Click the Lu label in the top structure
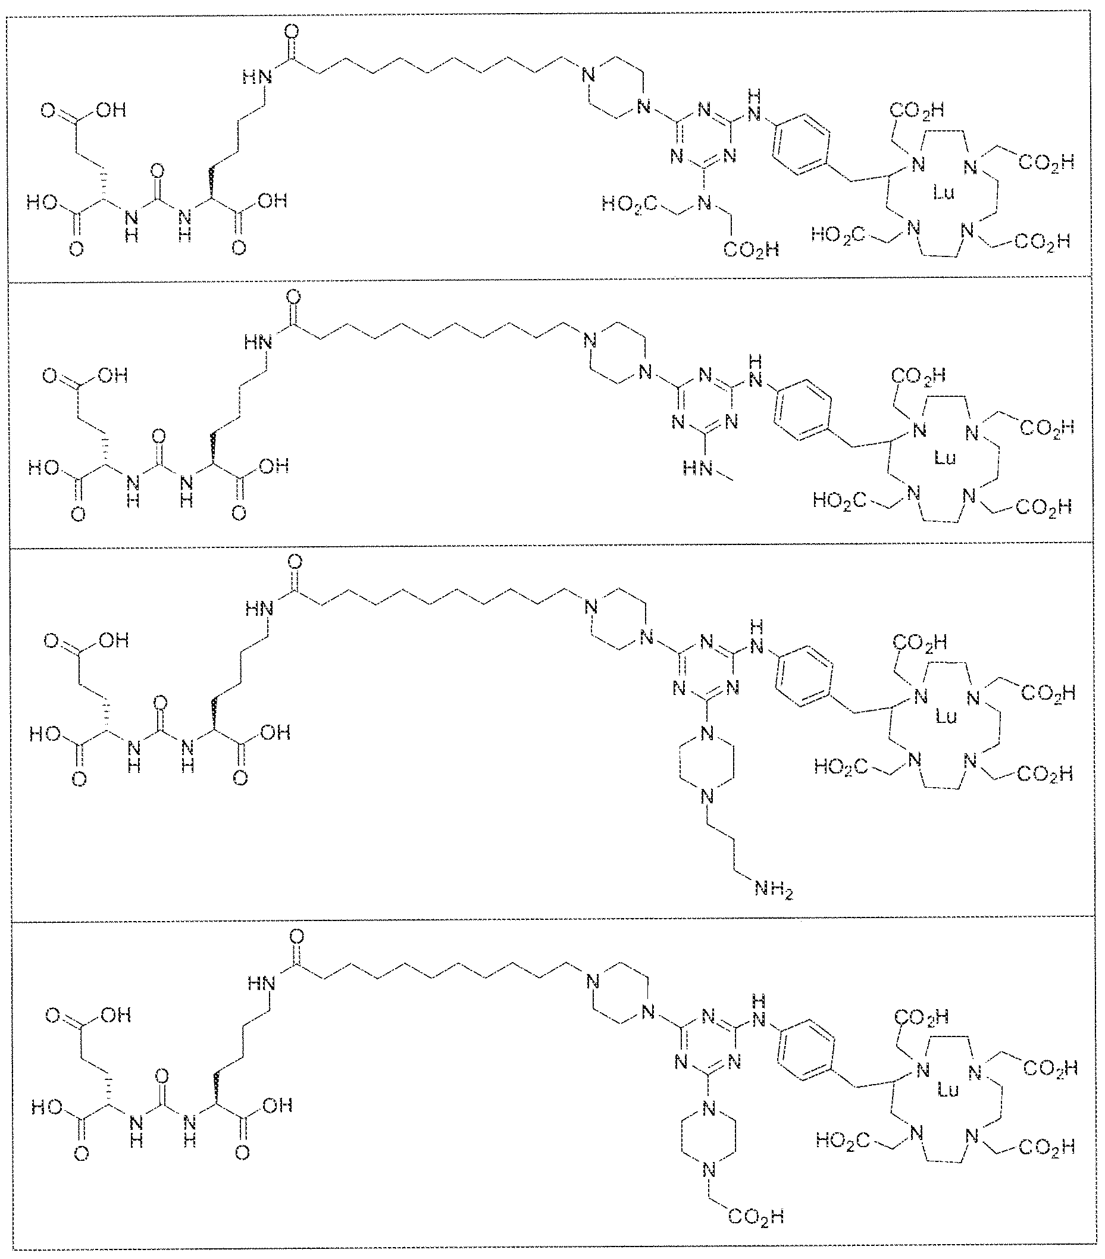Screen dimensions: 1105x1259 click(x=944, y=193)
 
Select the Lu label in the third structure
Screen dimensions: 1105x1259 click(x=946, y=716)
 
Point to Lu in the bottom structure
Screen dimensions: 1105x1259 click(x=948, y=1090)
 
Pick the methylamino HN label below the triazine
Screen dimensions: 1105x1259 click(x=696, y=469)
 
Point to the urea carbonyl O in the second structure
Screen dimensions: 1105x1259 click(x=158, y=437)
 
